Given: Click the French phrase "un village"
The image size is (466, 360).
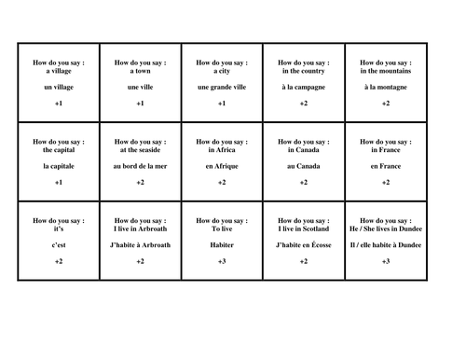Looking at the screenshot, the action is pyautogui.click(x=59, y=86).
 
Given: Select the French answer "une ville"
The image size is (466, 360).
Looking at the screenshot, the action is pyautogui.click(x=140, y=86).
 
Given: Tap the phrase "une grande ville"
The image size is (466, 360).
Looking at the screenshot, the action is pyautogui.click(x=221, y=86).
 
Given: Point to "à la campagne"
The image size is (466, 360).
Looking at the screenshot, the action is pyautogui.click(x=303, y=86).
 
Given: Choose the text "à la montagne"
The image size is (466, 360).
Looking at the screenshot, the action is pyautogui.click(x=385, y=86).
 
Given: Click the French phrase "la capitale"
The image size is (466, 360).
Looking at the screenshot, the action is pyautogui.click(x=59, y=165).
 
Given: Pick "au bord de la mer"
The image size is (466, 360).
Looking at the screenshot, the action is pyautogui.click(x=140, y=165).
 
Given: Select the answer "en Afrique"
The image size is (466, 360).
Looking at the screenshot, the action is pyautogui.click(x=221, y=165).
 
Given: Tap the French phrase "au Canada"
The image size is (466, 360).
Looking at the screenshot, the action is pyautogui.click(x=303, y=165).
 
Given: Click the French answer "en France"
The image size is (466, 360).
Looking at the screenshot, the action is pyautogui.click(x=385, y=165).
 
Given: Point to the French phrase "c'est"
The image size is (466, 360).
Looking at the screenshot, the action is pyautogui.click(x=59, y=244).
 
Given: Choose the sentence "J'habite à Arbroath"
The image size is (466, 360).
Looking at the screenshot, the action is pyautogui.click(x=140, y=244).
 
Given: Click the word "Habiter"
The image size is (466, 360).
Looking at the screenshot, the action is pyautogui.click(x=221, y=244).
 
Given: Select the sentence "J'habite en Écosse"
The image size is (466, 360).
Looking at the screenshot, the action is pyautogui.click(x=303, y=244).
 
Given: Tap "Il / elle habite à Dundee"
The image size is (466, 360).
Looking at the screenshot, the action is pyautogui.click(x=385, y=244).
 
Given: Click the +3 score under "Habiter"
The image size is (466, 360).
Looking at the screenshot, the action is pyautogui.click(x=221, y=262).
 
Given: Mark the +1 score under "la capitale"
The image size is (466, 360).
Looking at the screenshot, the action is pyautogui.click(x=59, y=183).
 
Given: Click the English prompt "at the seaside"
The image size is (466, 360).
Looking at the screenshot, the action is pyautogui.click(x=140, y=148).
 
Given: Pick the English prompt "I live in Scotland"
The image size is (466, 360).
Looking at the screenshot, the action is pyautogui.click(x=303, y=228).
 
